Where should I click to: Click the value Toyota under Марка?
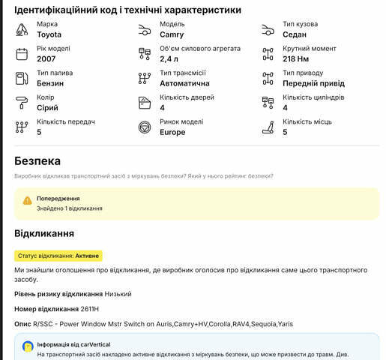point(49,34)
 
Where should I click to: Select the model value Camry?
point(172,34)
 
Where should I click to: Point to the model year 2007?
point(46,58)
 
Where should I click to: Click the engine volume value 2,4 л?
point(169,58)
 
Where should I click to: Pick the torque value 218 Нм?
point(297,58)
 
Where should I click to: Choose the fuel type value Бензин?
point(50,83)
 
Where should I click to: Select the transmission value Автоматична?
point(184,83)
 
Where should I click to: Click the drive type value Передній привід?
point(314,83)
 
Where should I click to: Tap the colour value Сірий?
point(47,108)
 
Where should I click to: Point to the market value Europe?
point(172,132)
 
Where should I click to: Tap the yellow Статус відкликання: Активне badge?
point(58,256)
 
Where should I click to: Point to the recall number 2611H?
point(90,309)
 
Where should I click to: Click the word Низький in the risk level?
point(118,293)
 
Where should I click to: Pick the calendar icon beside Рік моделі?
point(22,53)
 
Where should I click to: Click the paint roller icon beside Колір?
point(22,103)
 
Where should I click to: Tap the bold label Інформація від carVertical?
point(80,345)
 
